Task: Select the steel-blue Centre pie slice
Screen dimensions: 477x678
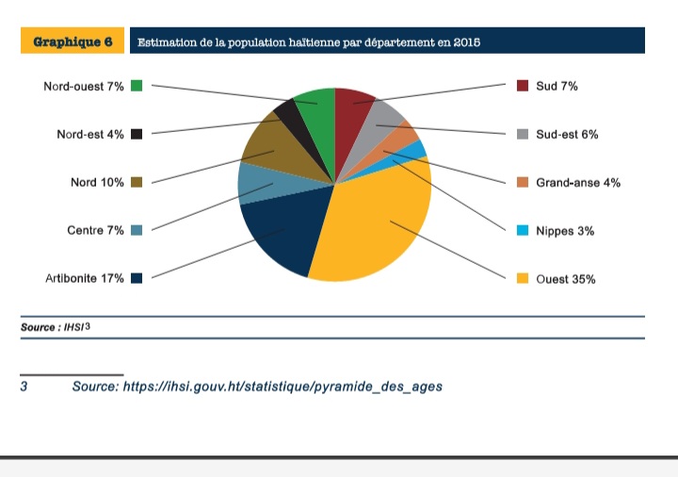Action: pyautogui.click(x=256, y=183)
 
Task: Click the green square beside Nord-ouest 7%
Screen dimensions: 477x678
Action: pyautogui.click(x=137, y=86)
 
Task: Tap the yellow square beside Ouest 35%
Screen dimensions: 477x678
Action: pyautogui.click(x=523, y=279)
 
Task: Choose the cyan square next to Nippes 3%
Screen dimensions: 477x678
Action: pyautogui.click(x=523, y=231)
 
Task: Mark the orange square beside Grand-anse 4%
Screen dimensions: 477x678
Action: pyautogui.click(x=523, y=183)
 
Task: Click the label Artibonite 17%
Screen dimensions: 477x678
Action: pyautogui.click(x=85, y=279)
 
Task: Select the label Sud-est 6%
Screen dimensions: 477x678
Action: pyautogui.click(x=567, y=135)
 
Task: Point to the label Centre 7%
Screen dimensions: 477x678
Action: pyautogui.click(x=95, y=231)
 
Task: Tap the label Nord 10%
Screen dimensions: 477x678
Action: pyautogui.click(x=97, y=183)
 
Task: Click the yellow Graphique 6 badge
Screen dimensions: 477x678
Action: pyautogui.click(x=73, y=41)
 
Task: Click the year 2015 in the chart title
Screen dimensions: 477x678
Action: pyautogui.click(x=466, y=42)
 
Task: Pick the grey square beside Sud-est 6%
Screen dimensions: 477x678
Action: pyautogui.click(x=523, y=135)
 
